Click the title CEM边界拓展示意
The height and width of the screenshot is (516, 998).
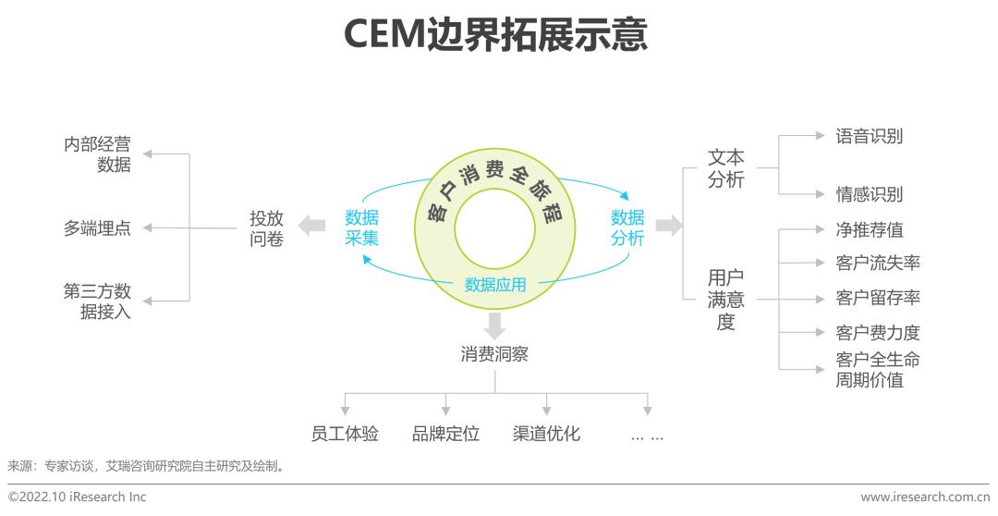[x=496, y=35]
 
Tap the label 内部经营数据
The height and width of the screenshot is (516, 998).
[x=98, y=155]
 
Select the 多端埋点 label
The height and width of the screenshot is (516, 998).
[x=97, y=228]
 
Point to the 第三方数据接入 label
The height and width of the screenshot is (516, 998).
[x=97, y=301]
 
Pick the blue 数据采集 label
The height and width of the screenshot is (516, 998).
[x=362, y=228]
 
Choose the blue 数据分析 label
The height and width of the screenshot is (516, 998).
[x=627, y=228]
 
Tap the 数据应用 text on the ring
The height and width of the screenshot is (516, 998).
[x=495, y=285]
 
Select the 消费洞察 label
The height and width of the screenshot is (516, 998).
[x=494, y=354]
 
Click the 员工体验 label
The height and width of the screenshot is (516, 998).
[x=345, y=434]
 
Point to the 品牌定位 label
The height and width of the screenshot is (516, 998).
[x=445, y=434]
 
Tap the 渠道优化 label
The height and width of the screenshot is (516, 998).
[x=546, y=434]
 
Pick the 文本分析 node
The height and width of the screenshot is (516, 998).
[x=726, y=169]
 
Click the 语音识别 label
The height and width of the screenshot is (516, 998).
[x=870, y=137]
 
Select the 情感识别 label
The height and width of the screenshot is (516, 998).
[x=870, y=194]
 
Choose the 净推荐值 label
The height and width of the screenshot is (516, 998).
[x=870, y=230]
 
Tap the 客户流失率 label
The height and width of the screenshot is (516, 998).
[x=878, y=264]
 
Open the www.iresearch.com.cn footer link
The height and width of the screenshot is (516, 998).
[x=925, y=498]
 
